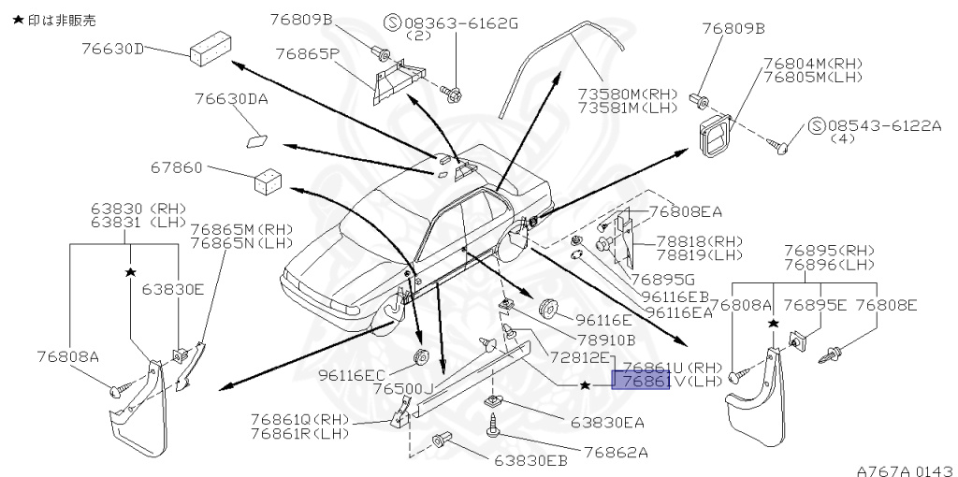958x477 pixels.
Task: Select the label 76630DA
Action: tap(231, 98)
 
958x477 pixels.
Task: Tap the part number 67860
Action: tap(176, 168)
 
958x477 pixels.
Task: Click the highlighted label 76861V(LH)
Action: tap(640, 382)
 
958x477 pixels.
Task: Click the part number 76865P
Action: tap(306, 54)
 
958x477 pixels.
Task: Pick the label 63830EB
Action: tap(530, 460)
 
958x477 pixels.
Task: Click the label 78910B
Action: tap(604, 340)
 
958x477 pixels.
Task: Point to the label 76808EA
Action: tap(686, 211)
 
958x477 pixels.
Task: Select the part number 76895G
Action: tap(662, 279)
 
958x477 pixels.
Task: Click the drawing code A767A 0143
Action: tap(904, 469)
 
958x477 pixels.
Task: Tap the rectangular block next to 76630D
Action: tap(210, 51)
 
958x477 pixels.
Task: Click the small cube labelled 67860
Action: tap(268, 179)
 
